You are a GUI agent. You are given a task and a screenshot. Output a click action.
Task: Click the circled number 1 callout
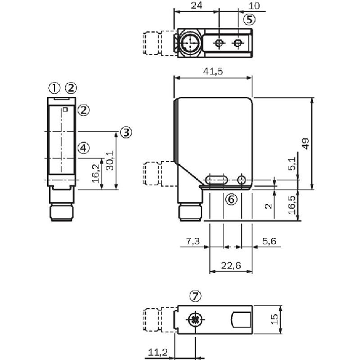tap(55, 87)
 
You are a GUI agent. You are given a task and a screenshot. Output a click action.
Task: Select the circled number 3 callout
tap(126, 132)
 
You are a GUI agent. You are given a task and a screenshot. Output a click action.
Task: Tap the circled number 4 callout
tap(84, 148)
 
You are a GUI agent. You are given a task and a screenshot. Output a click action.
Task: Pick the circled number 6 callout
tap(230, 199)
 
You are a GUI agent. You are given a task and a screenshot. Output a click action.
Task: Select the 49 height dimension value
tap(305, 143)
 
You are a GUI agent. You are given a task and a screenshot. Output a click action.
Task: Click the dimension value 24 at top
tap(197, 6)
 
